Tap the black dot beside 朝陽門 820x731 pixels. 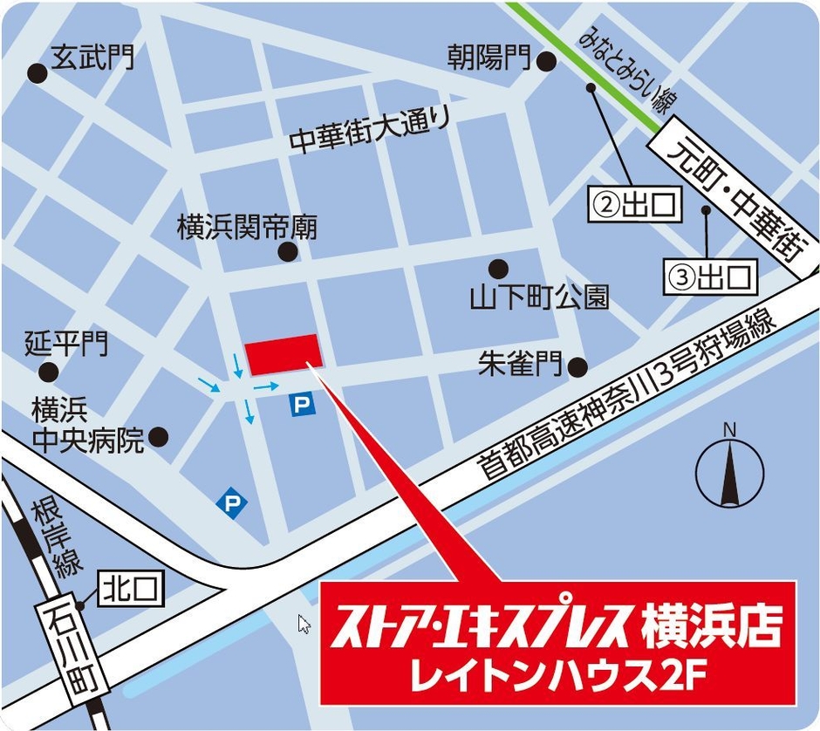546,61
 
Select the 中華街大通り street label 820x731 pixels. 371,129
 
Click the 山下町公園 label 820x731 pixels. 538,298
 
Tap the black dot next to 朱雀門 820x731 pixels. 577,366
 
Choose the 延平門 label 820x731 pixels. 67,343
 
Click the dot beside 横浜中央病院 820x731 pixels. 159,436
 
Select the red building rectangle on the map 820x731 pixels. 284,355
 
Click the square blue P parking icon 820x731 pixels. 301,404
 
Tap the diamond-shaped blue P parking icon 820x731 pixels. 232,502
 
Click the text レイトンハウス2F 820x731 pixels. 558,673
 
